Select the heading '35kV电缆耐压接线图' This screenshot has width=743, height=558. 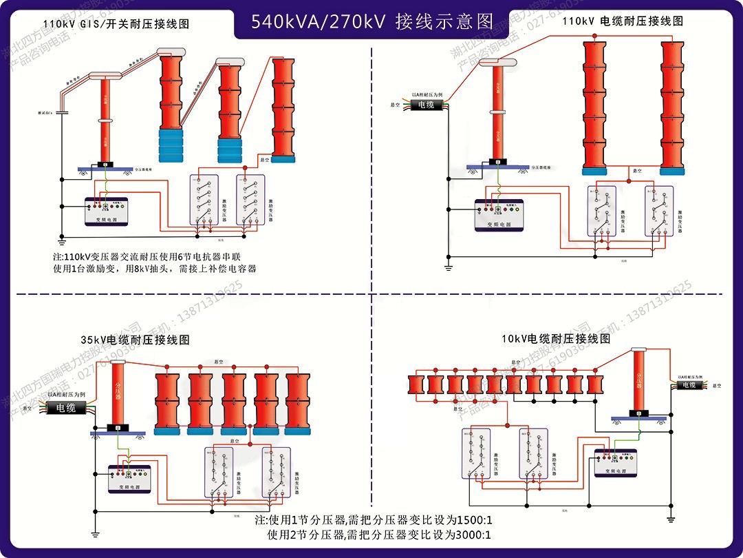pyautogui.click(x=135, y=340)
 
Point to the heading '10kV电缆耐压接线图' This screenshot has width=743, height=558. pyautogui.click(x=556, y=338)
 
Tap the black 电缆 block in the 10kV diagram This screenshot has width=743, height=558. pyautogui.click(x=689, y=385)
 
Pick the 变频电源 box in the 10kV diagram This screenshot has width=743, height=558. pyautogui.click(x=616, y=463)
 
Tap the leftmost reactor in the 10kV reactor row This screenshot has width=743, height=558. pyautogui.click(x=415, y=384)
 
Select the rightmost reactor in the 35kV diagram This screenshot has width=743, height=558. pyautogui.click(x=300, y=403)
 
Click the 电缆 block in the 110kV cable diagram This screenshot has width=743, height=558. pyautogui.click(x=427, y=105)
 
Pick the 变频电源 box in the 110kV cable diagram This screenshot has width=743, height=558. pyautogui.click(x=499, y=215)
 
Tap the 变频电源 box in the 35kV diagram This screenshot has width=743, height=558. pyautogui.click(x=129, y=479)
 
